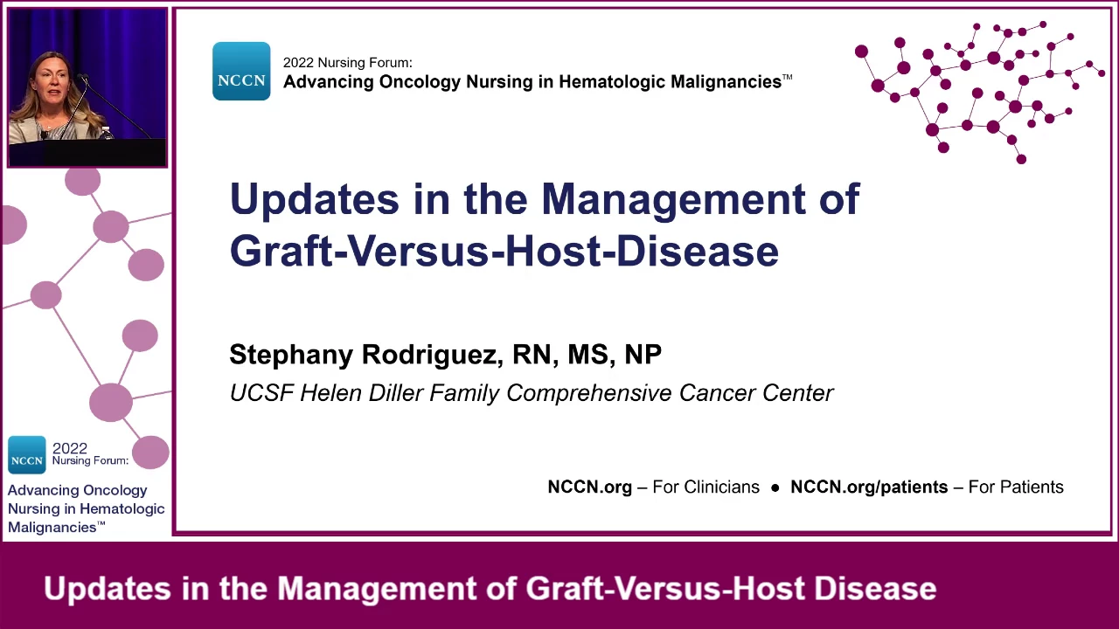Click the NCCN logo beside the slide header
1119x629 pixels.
pos(241,71)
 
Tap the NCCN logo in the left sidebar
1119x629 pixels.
pos(27,455)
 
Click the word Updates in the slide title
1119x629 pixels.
pos(314,199)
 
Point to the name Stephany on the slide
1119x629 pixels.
pos(291,356)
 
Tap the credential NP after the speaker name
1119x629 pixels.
pos(643,354)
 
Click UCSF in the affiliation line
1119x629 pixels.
pos(261,393)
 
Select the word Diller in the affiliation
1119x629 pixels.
pos(396,393)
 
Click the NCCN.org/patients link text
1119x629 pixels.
pos(869,487)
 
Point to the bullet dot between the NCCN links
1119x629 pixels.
pos(775,487)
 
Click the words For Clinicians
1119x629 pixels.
pos(705,487)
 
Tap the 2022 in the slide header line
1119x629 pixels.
pos(298,63)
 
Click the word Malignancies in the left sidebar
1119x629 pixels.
pos(52,528)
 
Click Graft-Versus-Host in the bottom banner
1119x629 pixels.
pos(665,589)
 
